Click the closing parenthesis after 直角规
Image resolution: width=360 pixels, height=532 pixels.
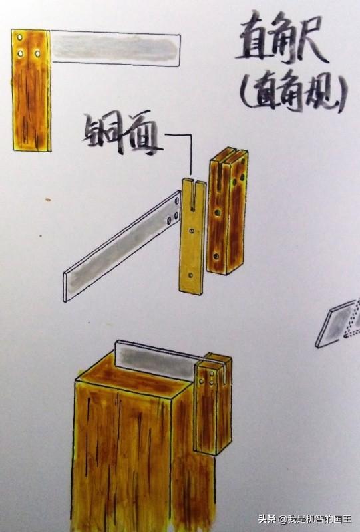(342, 92)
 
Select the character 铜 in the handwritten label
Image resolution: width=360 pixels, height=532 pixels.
(101, 132)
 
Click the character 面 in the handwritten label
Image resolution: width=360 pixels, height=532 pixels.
(142, 134)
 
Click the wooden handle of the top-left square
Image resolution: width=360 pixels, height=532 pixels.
(31, 90)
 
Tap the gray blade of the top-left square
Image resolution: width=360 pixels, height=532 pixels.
(116, 49)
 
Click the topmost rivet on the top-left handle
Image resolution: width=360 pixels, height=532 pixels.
(20, 37)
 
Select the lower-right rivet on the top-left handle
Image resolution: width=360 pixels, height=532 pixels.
(37, 53)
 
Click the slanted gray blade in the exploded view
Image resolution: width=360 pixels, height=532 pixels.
(122, 245)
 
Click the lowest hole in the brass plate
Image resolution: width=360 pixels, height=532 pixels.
(190, 275)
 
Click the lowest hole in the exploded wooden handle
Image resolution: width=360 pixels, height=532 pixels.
(216, 256)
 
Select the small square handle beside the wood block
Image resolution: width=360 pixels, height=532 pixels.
(212, 404)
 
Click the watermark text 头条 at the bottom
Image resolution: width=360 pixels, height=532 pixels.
(266, 519)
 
